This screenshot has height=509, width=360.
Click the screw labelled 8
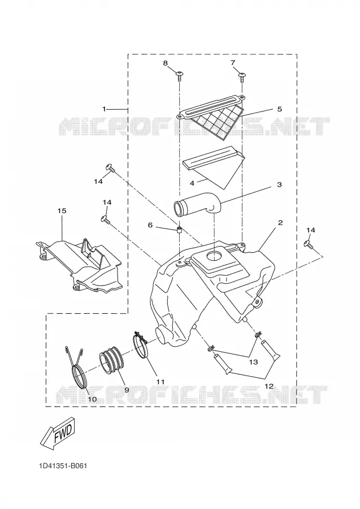coord(179,76)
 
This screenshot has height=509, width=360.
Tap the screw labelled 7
coord(242,76)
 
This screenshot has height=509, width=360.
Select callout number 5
coord(279,109)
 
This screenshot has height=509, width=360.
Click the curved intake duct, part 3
coord(198,207)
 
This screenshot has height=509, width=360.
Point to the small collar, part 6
coord(179,231)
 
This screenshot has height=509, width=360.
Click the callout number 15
coord(62,211)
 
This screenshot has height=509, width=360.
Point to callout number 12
coord(269,386)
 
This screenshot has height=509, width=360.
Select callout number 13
coord(253,361)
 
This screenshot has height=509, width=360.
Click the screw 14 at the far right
coord(308,244)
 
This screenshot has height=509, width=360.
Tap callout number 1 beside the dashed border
coord(104,109)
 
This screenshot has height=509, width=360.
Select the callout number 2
coord(280,223)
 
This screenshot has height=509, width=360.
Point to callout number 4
coord(192,183)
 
